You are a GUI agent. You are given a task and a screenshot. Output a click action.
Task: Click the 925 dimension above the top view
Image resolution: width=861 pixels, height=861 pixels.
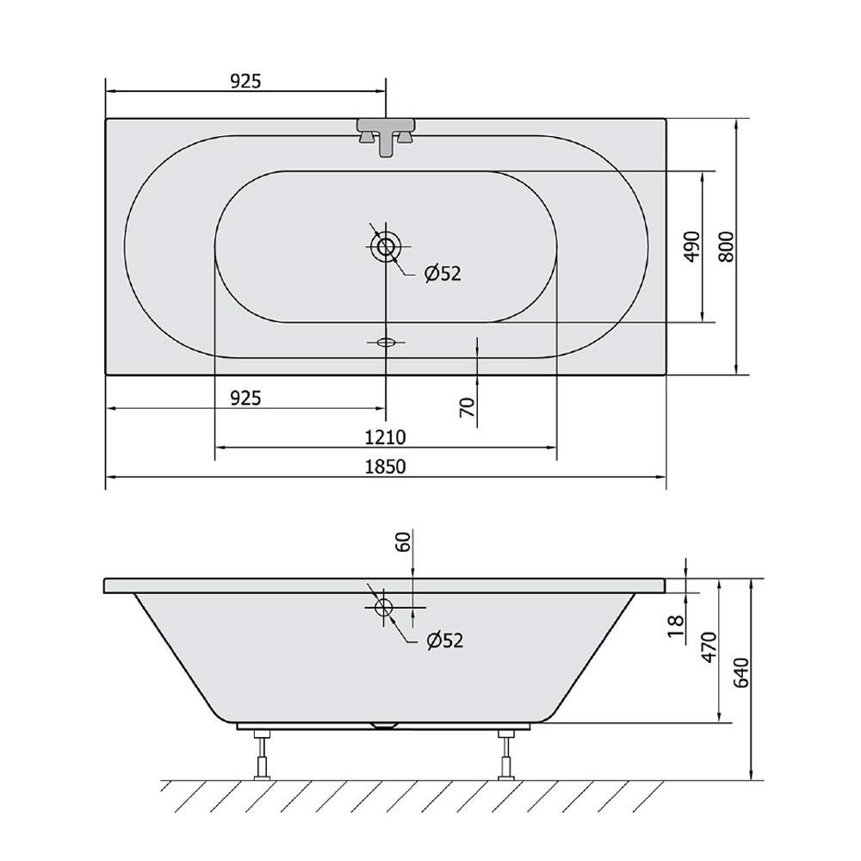245,81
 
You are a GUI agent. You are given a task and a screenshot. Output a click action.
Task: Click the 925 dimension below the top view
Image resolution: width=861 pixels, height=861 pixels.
245,398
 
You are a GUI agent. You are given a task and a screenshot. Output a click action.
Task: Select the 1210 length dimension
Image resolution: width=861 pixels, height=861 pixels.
386,437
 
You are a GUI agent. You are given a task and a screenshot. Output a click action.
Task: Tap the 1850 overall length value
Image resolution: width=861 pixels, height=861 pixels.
386,467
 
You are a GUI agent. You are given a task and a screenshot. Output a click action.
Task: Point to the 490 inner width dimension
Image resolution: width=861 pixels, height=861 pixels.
693,246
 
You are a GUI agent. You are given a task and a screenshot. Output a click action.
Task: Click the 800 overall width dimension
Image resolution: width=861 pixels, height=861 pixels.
726,246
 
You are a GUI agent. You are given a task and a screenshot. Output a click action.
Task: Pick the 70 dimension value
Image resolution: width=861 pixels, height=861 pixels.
466,407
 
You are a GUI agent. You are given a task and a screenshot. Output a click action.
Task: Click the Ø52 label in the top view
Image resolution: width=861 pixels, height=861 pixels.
443,273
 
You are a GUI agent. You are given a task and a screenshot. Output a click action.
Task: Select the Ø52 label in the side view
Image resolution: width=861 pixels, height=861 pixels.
445,640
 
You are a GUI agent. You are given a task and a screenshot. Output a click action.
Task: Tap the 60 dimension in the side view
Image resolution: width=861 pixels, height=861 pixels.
404,542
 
